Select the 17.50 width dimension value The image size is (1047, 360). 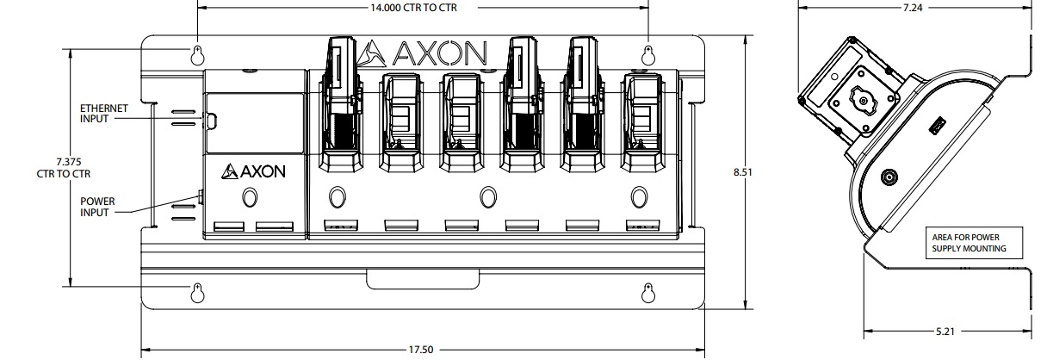pyautogui.click(x=422, y=351)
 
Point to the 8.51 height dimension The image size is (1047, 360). pyautogui.click(x=742, y=172)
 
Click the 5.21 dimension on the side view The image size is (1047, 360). pyautogui.click(x=947, y=330)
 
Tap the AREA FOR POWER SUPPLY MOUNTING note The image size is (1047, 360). pyautogui.click(x=969, y=243)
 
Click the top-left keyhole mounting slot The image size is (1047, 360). pyautogui.click(x=197, y=55)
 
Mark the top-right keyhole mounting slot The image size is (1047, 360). pyautogui.click(x=649, y=55)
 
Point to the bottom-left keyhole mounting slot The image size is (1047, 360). pyautogui.click(x=197, y=292)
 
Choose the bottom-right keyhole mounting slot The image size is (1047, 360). pyautogui.click(x=649, y=292)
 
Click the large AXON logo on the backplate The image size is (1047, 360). pyautogui.click(x=422, y=53)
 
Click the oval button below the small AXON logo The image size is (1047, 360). pyautogui.click(x=250, y=199)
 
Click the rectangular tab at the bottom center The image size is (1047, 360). pyautogui.click(x=422, y=279)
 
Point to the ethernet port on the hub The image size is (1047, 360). pyautogui.click(x=208, y=121)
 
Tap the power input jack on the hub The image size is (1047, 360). pyautogui.click(x=200, y=199)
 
